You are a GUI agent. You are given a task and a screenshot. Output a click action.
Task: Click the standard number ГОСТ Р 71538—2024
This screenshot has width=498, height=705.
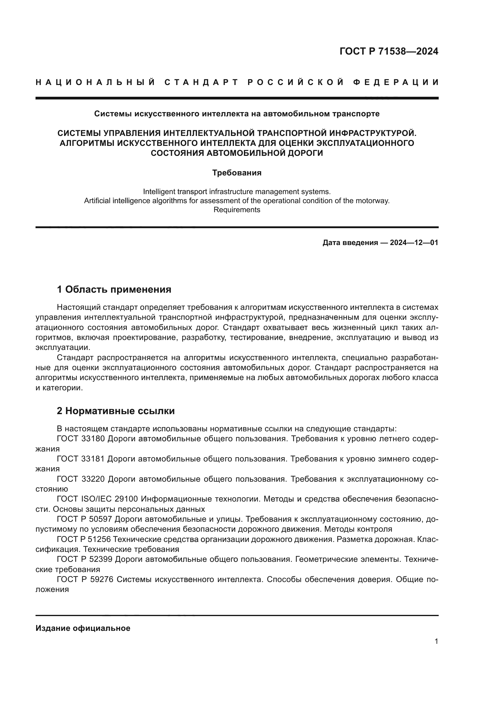[389, 51]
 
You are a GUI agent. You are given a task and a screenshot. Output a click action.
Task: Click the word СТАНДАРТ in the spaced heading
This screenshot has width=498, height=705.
[201, 82]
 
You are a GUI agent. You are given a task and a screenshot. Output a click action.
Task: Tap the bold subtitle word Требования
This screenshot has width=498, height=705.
[237, 173]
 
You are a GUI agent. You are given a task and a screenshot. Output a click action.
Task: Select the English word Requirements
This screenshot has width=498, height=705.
[237, 210]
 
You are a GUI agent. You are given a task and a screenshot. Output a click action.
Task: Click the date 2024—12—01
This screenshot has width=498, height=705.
[414, 243]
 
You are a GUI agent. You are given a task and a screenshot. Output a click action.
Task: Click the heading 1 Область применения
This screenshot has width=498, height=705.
[114, 289]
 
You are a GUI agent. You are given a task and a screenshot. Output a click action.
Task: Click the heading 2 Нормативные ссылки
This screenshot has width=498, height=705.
[116, 411]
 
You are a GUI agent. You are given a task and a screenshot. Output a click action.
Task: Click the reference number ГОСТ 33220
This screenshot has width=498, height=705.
[81, 479]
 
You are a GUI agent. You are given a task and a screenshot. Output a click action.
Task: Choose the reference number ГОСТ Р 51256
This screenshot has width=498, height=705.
[85, 539]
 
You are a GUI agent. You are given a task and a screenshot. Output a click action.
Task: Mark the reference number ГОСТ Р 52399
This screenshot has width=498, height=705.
[85, 559]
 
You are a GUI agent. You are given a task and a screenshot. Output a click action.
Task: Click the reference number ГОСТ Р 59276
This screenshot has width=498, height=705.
[85, 579]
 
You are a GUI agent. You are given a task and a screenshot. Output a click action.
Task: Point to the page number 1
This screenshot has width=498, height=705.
[436, 641]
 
